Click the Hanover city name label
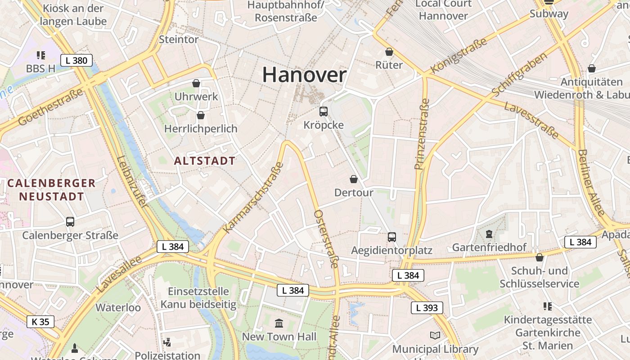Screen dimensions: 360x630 coord(304,75)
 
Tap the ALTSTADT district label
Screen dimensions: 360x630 coord(205,161)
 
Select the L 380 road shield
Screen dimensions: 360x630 coord(76,60)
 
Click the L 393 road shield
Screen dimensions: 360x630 coord(427,308)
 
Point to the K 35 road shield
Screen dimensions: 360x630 coord(40,322)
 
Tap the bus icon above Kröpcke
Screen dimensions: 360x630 coord(323,111)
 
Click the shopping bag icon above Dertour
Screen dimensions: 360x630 coord(354,179)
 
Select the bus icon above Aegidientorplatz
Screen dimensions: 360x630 coord(392,237)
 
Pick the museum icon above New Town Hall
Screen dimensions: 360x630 coord(279,323)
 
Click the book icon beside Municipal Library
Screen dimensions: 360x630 coord(435,336)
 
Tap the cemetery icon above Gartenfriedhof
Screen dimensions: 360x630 coord(489,234)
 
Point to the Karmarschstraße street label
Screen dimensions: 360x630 coord(253,198)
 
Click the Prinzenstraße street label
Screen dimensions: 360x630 coord(423,134)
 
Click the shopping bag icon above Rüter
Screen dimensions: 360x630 coord(389,52)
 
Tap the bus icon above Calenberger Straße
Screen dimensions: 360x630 coord(70,221)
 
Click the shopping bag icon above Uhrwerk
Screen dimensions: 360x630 coord(196,83)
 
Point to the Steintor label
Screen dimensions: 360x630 coord(179,40)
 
